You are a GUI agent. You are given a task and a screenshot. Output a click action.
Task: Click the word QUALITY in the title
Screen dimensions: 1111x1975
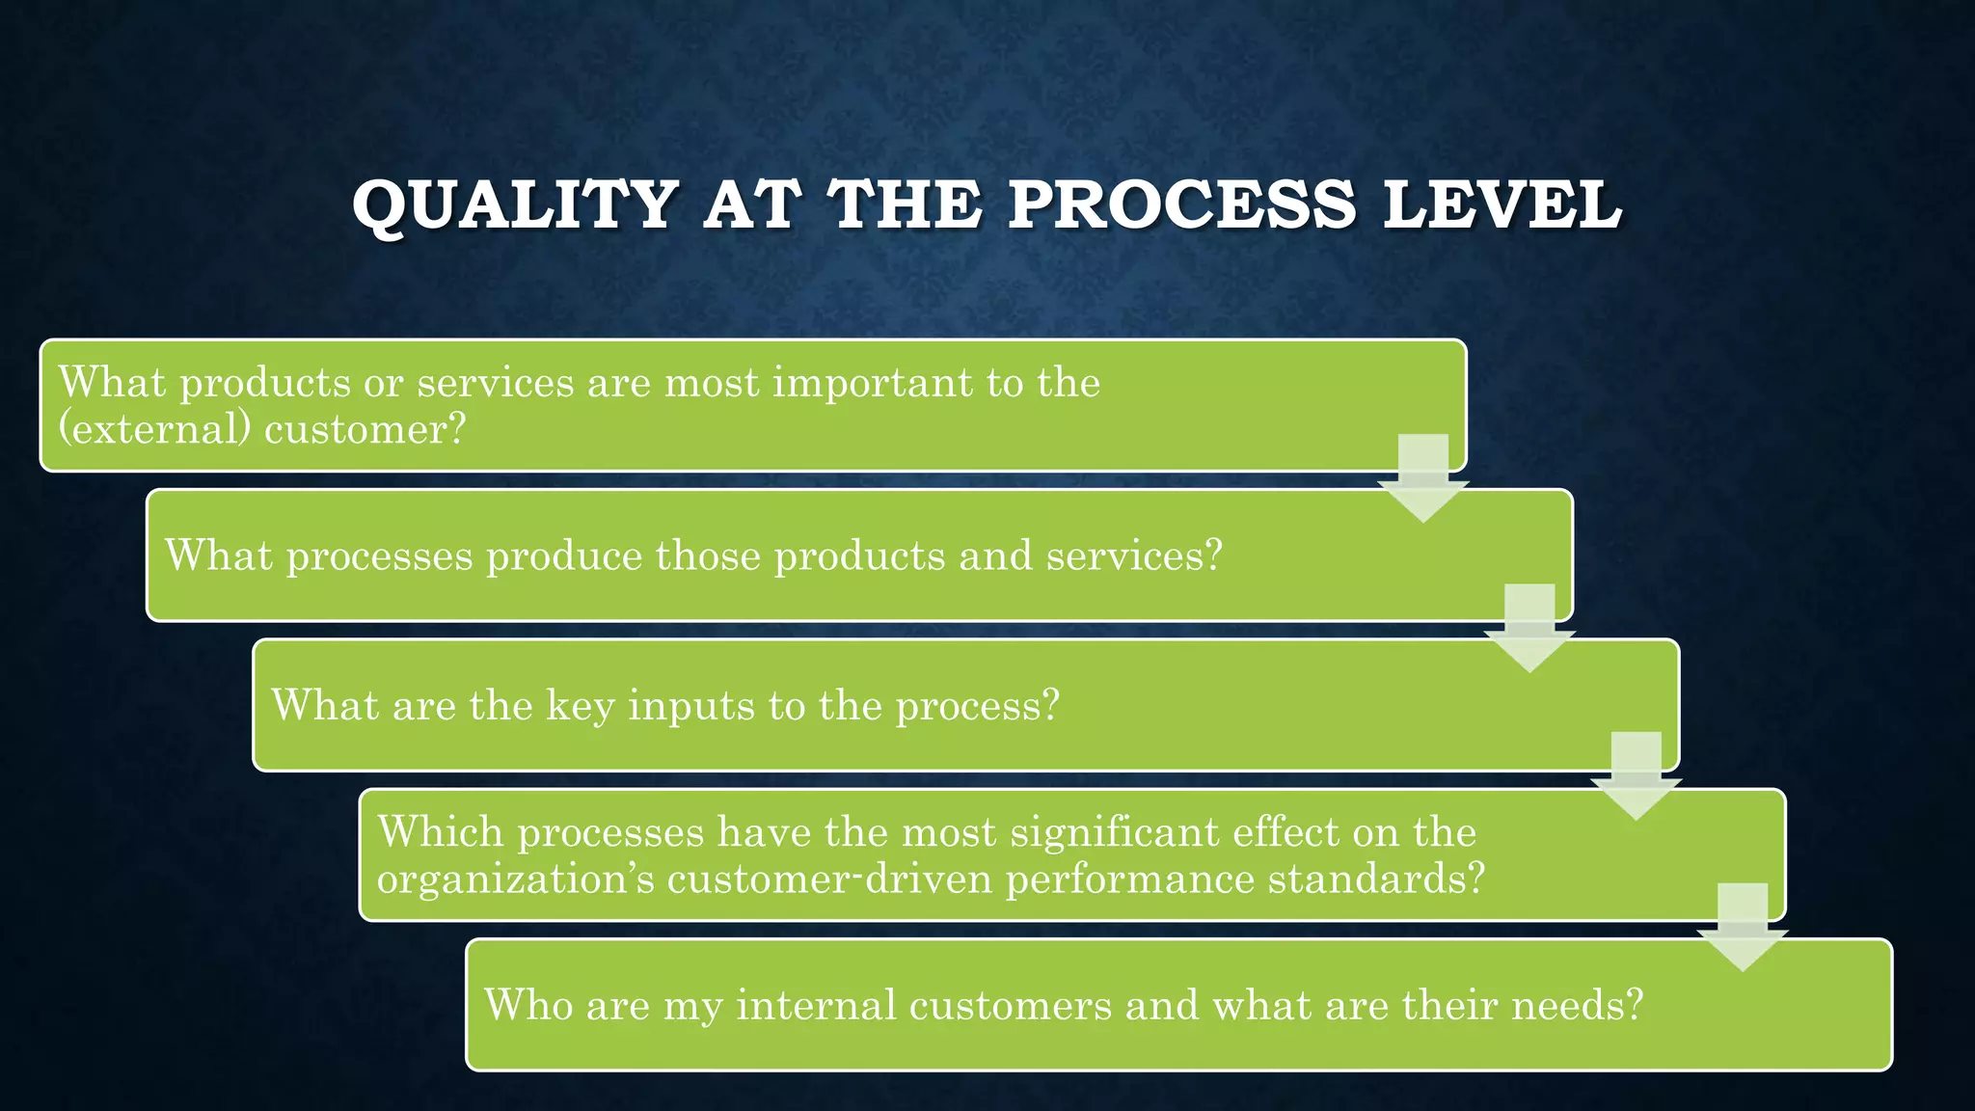515,205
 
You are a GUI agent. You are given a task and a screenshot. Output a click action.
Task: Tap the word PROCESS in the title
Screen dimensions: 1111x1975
1181,205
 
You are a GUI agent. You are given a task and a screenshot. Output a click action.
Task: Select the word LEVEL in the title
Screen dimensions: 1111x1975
1502,205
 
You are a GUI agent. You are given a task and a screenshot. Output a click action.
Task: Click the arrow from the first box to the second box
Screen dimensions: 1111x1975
1423,479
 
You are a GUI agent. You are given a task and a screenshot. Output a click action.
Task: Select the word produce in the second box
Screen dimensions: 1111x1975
564,556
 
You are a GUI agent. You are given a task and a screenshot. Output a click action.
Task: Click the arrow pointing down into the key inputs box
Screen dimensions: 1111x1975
1529,629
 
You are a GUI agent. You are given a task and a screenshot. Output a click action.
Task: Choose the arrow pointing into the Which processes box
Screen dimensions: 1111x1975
1637,777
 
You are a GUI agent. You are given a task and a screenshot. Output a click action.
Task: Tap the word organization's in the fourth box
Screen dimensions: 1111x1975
515,880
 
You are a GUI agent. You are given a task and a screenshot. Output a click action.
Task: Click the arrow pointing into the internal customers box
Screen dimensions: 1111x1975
1743,928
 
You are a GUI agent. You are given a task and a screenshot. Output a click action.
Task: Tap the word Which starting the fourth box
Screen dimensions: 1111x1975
441,832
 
